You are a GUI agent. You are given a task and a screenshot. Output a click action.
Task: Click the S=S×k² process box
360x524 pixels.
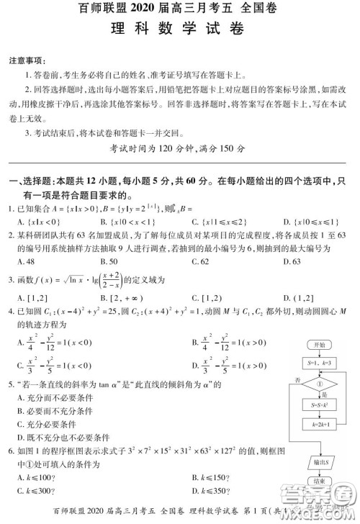pyautogui.click(x=320, y=406)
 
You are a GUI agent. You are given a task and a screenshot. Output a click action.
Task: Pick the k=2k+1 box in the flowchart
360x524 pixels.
pyautogui.click(x=320, y=425)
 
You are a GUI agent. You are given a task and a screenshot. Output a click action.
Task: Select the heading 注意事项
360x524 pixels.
pyautogui.click(x=26, y=60)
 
